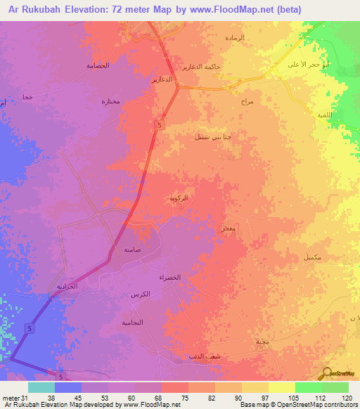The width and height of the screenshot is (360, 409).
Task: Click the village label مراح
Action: pyautogui.click(x=246, y=102)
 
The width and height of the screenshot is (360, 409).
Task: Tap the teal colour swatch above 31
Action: pyautogui.click(x=41, y=387)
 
